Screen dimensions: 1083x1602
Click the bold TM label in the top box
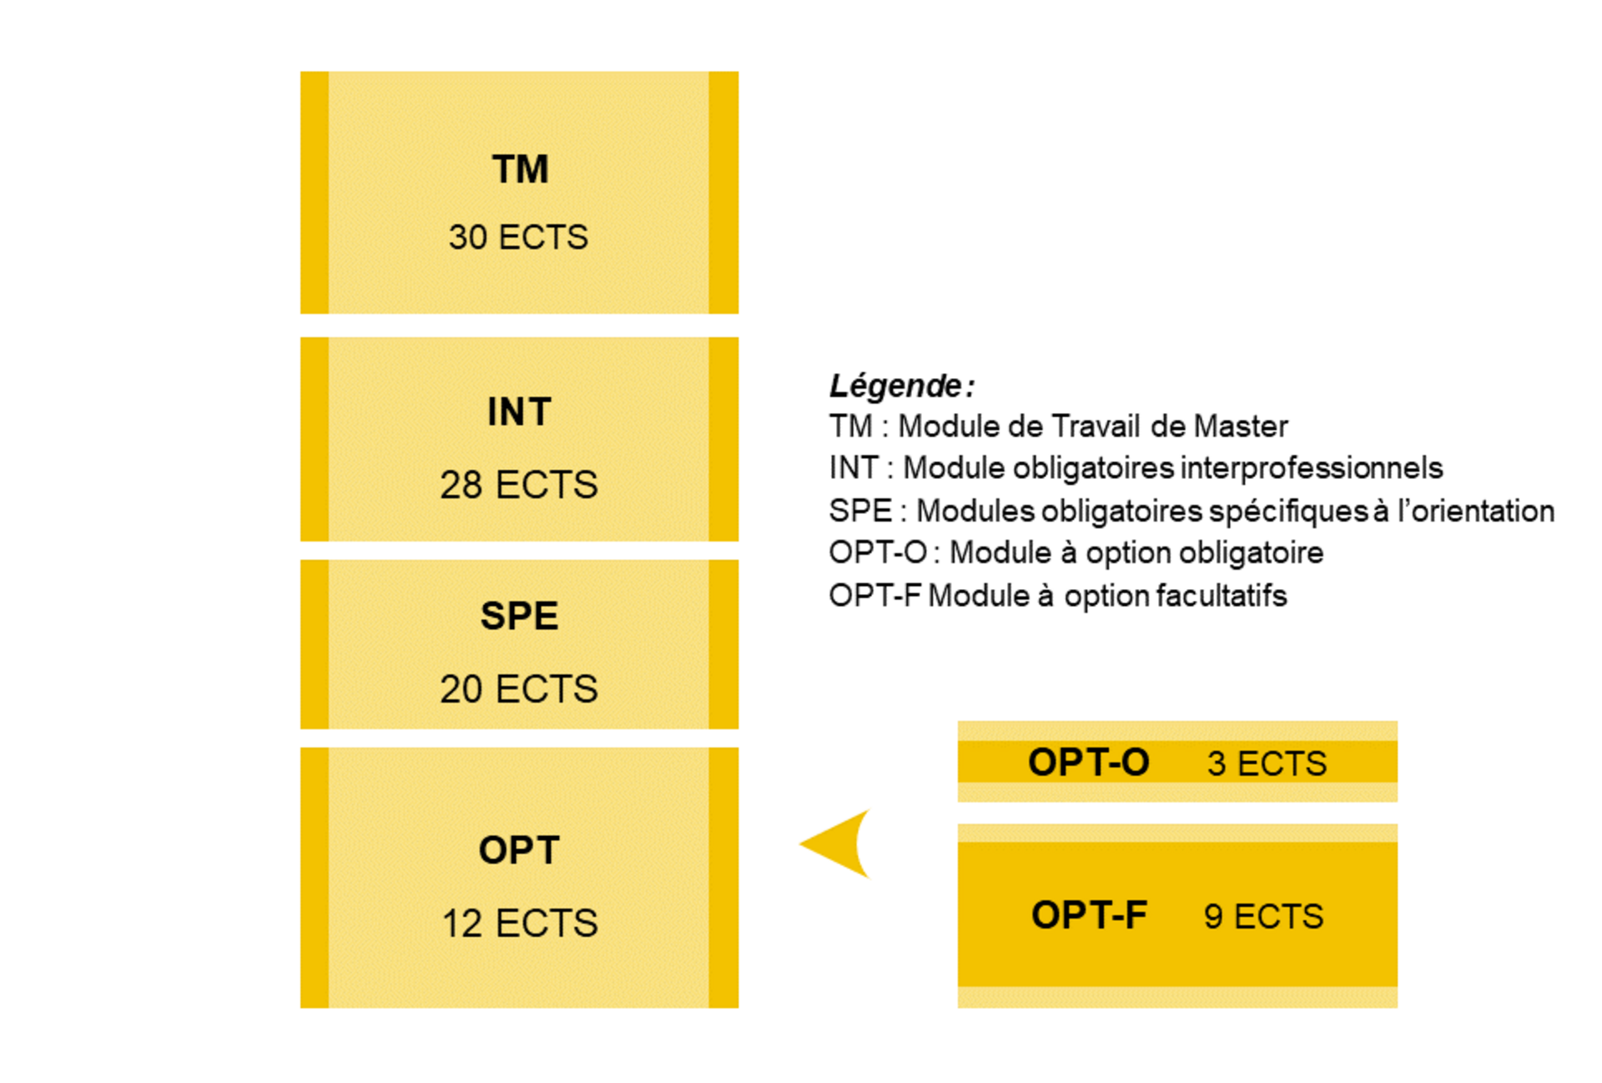coord(520,169)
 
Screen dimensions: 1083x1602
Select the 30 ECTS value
coord(518,238)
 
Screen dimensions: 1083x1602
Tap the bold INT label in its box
coord(519,412)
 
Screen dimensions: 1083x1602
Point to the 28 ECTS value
coord(519,485)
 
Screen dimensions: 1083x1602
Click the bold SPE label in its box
coord(519,617)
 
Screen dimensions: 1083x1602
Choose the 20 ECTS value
coord(519,689)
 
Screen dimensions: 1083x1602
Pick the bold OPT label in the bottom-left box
coord(519,851)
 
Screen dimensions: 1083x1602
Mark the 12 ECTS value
coord(519,924)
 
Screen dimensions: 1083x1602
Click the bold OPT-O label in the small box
coord(1089,763)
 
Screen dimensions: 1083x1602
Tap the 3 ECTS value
coord(1267,763)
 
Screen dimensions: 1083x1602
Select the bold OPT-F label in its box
coord(1089,915)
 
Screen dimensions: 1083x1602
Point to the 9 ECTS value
coord(1263,916)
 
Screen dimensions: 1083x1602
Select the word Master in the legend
coord(1241,426)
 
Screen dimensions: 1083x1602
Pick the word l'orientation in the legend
coord(1476,511)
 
